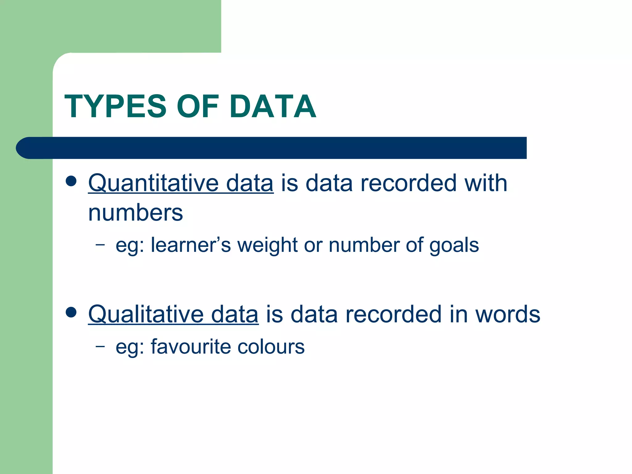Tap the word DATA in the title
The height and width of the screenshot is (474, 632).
(x=273, y=106)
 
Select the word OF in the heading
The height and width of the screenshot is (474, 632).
(x=198, y=106)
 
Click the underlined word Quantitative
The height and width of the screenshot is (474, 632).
(x=153, y=183)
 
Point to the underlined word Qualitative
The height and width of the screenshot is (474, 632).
(x=146, y=314)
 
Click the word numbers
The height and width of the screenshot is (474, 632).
(x=135, y=213)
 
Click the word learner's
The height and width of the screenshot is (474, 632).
(x=191, y=245)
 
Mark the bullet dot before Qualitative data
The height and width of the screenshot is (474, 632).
(x=71, y=312)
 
